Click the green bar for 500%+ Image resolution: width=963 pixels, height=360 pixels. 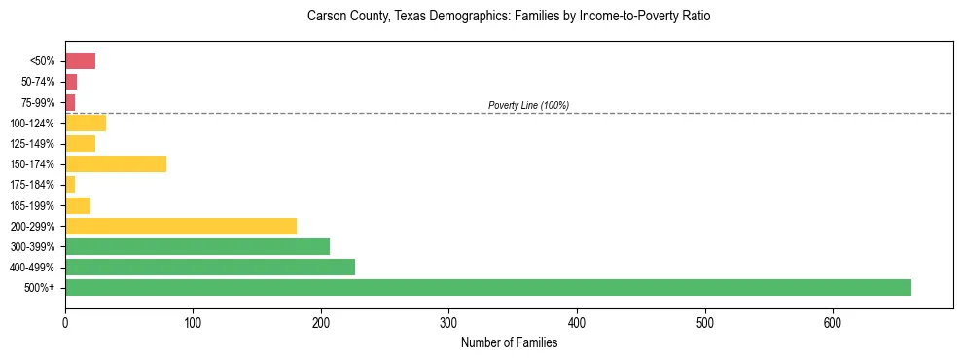click(x=487, y=287)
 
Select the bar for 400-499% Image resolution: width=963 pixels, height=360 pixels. click(x=210, y=267)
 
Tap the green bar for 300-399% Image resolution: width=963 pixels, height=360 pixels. click(x=197, y=246)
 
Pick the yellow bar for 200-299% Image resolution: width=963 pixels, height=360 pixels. click(x=181, y=226)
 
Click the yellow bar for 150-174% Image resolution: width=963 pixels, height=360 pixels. click(x=116, y=163)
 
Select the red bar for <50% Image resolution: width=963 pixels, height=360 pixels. click(x=80, y=61)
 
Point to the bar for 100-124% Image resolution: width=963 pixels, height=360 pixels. click(x=86, y=123)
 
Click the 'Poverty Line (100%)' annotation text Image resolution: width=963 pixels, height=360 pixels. click(x=528, y=105)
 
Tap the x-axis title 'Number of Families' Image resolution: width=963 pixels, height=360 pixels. click(x=509, y=342)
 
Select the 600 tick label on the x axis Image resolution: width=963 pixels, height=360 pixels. click(x=834, y=322)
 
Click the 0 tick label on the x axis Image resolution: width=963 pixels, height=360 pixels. click(x=65, y=322)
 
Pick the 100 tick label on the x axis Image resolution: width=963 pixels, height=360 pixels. click(x=193, y=322)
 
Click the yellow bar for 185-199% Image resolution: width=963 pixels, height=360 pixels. click(x=78, y=205)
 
